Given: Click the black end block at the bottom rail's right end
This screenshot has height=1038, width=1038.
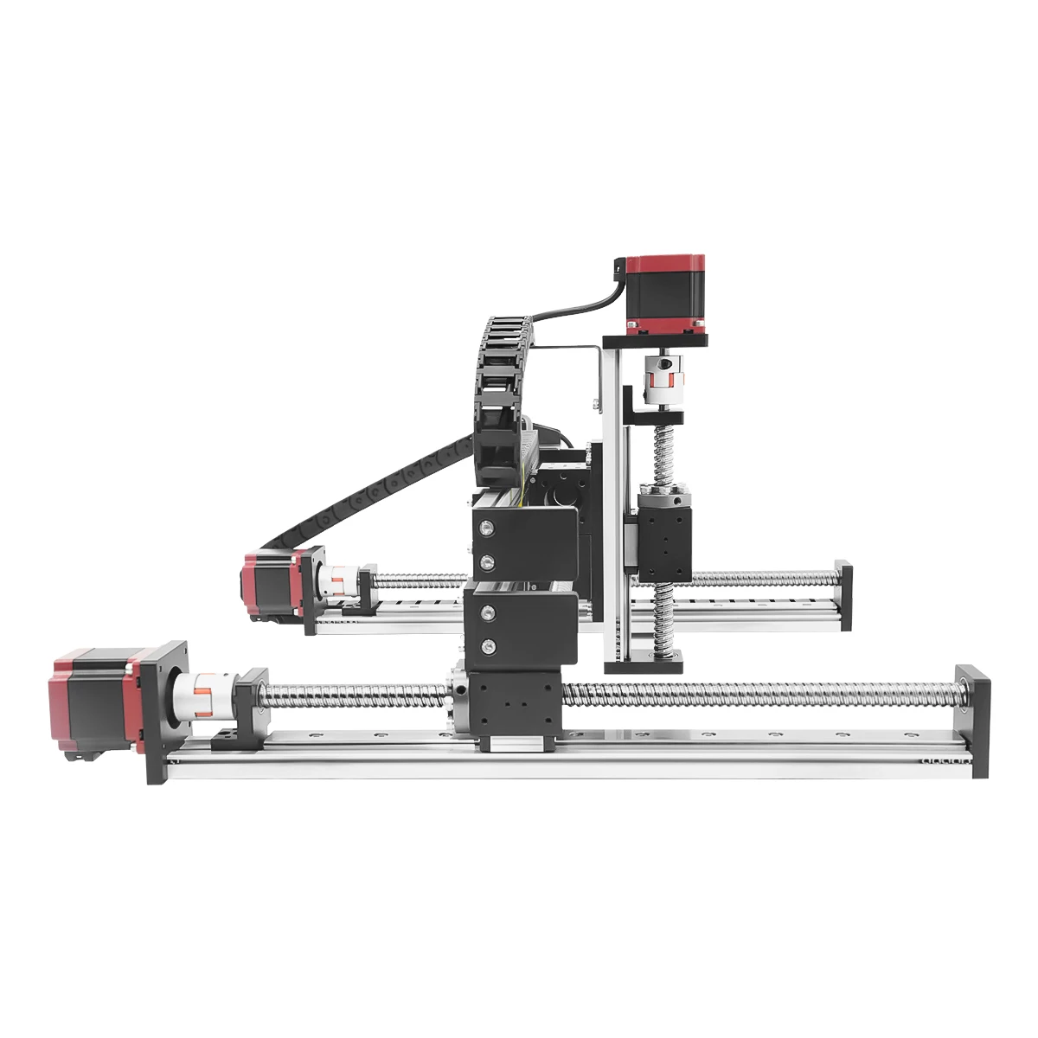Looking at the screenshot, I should [969, 722].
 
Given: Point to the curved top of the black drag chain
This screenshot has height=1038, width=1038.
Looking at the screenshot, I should [506, 329].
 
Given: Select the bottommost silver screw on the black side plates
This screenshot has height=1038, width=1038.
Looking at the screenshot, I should [489, 646].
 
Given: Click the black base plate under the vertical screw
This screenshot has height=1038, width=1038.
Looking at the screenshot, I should [644, 664].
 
